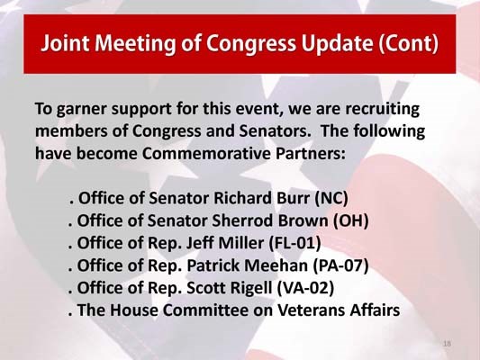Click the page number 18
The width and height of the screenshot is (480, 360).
[x=447, y=344]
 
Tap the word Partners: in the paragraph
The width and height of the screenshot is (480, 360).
[x=312, y=153]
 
